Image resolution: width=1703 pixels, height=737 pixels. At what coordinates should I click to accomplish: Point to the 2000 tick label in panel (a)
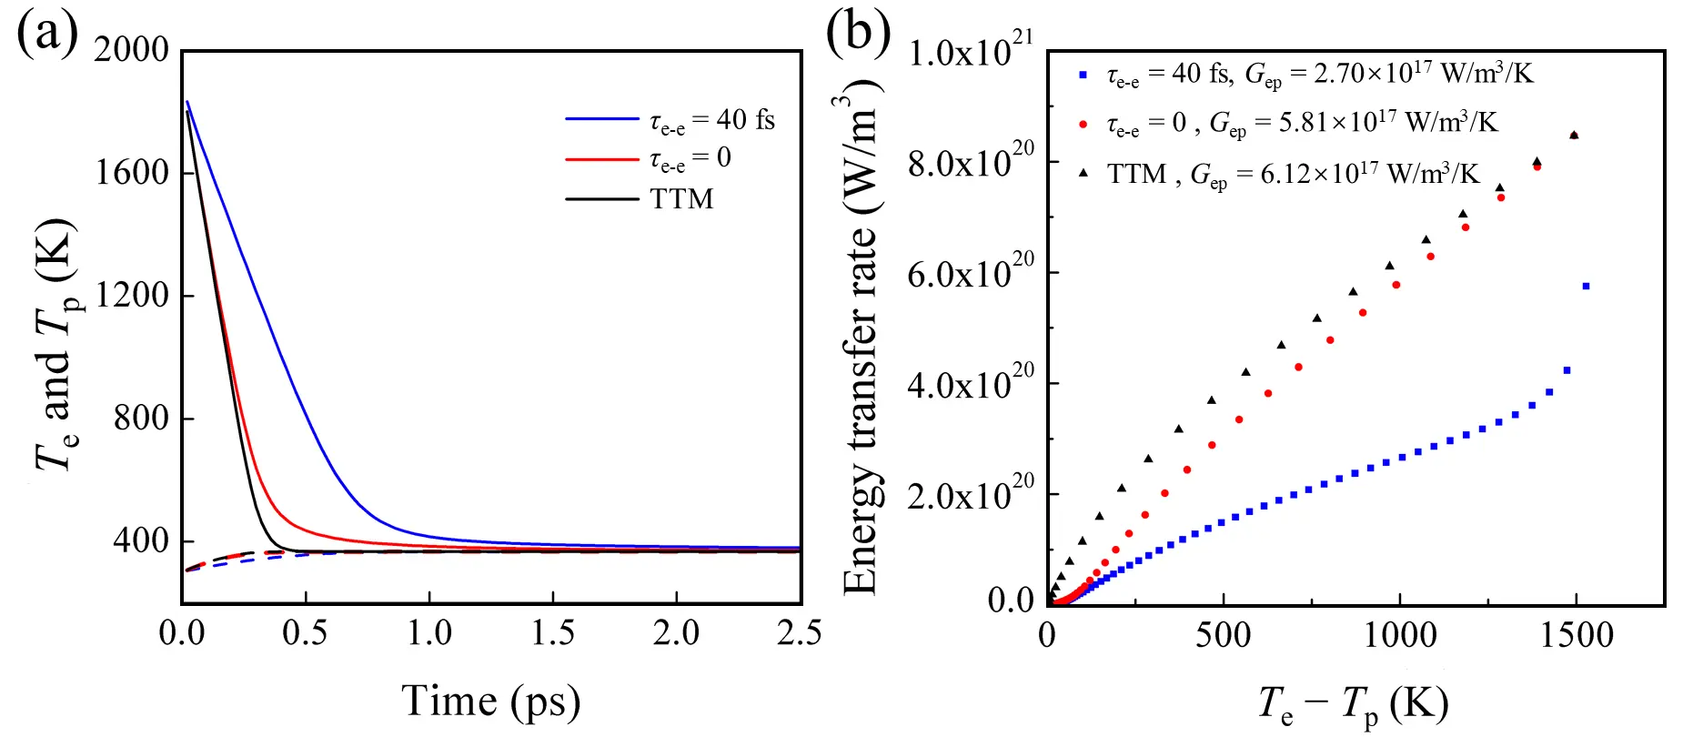[132, 50]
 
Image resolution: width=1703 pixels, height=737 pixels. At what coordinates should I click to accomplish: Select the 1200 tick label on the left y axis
[132, 296]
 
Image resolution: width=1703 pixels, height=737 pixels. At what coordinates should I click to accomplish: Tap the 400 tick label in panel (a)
[141, 541]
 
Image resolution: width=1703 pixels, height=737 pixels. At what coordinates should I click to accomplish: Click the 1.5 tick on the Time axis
[552, 633]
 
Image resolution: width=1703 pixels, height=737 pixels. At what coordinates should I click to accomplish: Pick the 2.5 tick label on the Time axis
[799, 633]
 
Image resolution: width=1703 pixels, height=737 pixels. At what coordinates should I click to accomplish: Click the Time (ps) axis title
[491, 702]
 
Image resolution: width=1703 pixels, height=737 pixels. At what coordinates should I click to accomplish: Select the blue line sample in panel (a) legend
[601, 119]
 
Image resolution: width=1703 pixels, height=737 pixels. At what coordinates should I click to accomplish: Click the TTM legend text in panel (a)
[681, 199]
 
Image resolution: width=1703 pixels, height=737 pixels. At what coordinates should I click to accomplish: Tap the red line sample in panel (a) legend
[601, 159]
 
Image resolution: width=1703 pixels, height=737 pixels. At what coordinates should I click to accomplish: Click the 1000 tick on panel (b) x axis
[1399, 635]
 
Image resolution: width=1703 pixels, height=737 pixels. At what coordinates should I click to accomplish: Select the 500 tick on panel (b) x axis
[1224, 635]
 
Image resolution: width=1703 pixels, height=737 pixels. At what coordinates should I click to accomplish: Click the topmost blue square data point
[1586, 287]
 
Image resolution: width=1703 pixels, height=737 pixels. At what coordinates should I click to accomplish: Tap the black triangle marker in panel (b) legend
[1083, 172]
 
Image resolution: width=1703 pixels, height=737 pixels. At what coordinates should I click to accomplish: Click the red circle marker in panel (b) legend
[1083, 124]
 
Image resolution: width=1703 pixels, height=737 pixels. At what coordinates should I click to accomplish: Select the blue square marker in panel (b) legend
[1083, 75]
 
